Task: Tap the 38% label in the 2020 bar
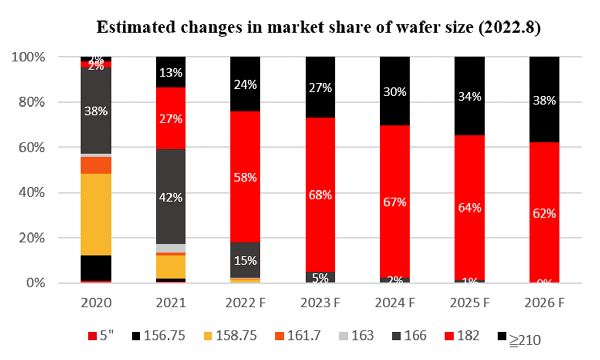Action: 96,111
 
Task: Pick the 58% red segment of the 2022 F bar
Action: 245,177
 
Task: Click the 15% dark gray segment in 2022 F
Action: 245,260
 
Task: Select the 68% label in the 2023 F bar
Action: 320,195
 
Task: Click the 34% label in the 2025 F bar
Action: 470,96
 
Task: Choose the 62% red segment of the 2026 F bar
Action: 544,213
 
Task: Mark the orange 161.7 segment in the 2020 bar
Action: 96,165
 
